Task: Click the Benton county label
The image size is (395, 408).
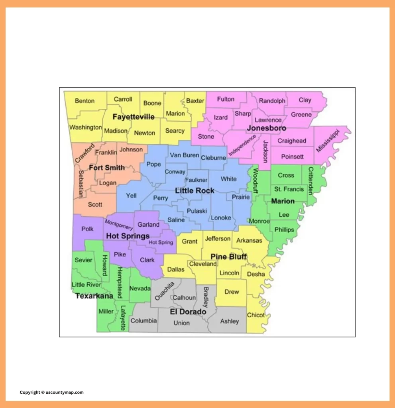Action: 85,101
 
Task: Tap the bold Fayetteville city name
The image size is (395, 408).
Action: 134,117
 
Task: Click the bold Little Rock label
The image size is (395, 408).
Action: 195,191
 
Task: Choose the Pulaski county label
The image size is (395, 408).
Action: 197,210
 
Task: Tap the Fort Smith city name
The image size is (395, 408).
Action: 107,168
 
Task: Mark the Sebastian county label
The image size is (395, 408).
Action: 81,184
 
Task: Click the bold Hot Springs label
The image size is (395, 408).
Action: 128,236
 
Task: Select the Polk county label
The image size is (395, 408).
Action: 87,229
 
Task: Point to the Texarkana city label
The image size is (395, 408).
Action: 94,296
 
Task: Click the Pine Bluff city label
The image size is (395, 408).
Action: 228,256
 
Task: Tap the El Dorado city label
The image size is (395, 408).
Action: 188,312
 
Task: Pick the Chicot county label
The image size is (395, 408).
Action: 256,315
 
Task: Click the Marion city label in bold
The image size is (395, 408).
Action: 283,201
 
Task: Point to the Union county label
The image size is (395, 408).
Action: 181,323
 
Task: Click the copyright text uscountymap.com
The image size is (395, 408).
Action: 52,392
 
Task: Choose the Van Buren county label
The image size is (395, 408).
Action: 184,155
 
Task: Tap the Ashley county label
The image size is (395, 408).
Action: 230,321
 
